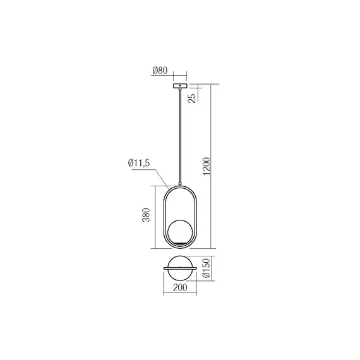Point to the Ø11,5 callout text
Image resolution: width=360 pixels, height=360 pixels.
pos(138,164)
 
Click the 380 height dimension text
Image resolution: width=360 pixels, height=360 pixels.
pos(146,217)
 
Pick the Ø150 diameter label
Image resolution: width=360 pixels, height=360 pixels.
pos(206,270)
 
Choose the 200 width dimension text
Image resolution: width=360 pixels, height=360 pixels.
pos(181,288)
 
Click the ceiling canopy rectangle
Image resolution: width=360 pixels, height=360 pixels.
pos(181,86)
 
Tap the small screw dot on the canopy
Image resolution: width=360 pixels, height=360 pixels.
pos(181,85)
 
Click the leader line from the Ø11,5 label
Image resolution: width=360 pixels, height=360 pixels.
pos(160,176)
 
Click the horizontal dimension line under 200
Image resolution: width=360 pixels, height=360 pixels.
pos(181,294)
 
